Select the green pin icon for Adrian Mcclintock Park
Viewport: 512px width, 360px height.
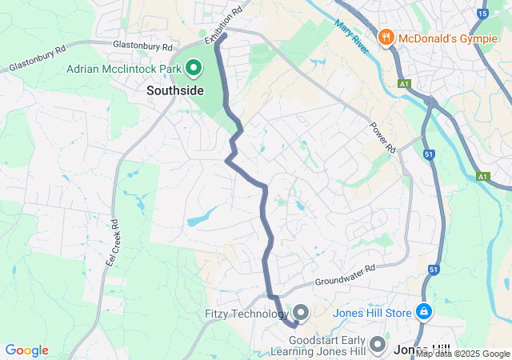(193, 69)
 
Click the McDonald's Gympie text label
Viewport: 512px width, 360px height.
(449, 38)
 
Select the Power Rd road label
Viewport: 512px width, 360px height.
(383, 137)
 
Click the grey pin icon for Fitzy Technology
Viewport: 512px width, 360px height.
(301, 312)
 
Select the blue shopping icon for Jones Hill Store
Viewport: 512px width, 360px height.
(425, 311)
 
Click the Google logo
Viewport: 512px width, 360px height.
(26, 350)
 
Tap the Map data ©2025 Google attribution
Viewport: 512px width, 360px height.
(462, 354)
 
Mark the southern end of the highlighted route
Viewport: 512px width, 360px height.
(294, 325)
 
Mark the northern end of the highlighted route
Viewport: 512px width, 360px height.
(225, 34)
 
